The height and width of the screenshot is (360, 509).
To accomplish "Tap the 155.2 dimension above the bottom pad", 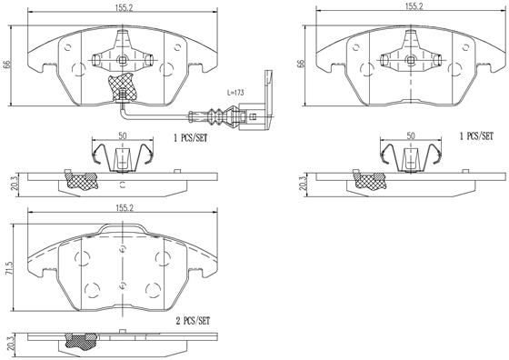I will coord(125,207).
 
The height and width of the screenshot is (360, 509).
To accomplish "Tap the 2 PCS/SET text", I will coord(192,321).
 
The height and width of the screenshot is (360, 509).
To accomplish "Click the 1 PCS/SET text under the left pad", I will coord(192,138).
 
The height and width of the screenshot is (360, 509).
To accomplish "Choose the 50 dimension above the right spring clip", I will coord(411,135).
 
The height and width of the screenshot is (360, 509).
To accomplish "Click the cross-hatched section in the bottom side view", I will coord(82,343).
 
